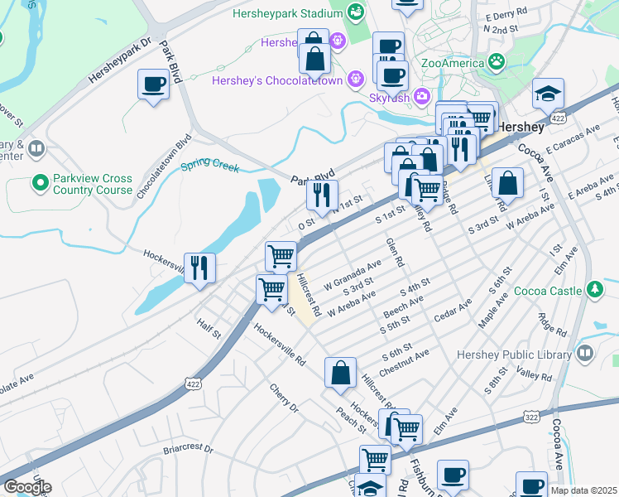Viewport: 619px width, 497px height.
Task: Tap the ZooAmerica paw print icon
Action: (x=497, y=60)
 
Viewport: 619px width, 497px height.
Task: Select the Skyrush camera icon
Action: (x=422, y=97)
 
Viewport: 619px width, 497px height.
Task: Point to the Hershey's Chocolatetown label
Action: (x=282, y=80)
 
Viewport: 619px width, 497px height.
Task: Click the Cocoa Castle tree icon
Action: (x=593, y=289)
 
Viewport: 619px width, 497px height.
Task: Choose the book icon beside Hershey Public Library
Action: (x=585, y=354)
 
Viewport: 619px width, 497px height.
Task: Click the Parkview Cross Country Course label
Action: (x=92, y=184)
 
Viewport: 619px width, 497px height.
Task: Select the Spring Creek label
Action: (x=210, y=166)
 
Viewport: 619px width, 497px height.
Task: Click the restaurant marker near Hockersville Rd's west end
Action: (x=199, y=267)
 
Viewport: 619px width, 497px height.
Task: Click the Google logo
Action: (x=27, y=487)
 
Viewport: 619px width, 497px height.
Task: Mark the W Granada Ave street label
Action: (x=352, y=271)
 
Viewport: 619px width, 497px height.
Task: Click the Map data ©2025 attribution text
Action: (x=583, y=490)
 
